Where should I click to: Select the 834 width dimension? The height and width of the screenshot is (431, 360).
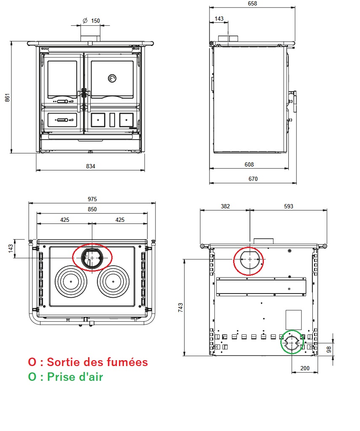(x=91, y=166)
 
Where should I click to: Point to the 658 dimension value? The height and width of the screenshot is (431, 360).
(x=253, y=3)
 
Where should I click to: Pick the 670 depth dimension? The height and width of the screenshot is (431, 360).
(x=253, y=179)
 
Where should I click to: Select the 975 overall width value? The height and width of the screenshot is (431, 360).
(x=92, y=199)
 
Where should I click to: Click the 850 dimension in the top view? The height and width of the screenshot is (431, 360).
(x=92, y=209)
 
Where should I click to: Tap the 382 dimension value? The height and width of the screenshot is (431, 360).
(x=226, y=206)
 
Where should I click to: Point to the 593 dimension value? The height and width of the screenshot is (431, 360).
(x=288, y=206)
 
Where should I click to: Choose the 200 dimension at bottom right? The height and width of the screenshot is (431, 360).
(x=305, y=368)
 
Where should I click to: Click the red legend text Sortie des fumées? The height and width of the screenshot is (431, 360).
(x=88, y=362)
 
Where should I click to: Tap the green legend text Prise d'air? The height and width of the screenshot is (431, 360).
(x=66, y=377)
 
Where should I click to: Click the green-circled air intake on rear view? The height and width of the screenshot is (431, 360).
(x=292, y=342)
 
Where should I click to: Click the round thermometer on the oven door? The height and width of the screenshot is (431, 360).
(x=112, y=78)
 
